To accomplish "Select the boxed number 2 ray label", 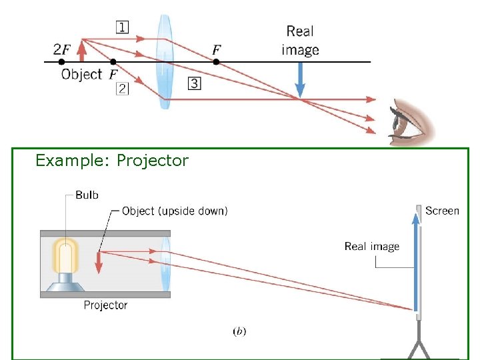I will [122, 89].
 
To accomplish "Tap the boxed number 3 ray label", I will [193, 83].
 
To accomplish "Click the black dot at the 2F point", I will [62, 62].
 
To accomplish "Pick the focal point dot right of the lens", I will [217, 62].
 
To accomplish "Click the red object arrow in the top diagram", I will [82, 51].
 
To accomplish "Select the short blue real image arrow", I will [300, 79].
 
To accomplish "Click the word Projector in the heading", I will [152, 161].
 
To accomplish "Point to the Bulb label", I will [87, 195].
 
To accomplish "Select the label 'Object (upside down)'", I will [175, 211].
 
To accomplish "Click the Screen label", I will [442, 211].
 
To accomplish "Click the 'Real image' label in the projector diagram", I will [371, 247].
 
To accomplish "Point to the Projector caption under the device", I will [105, 305].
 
